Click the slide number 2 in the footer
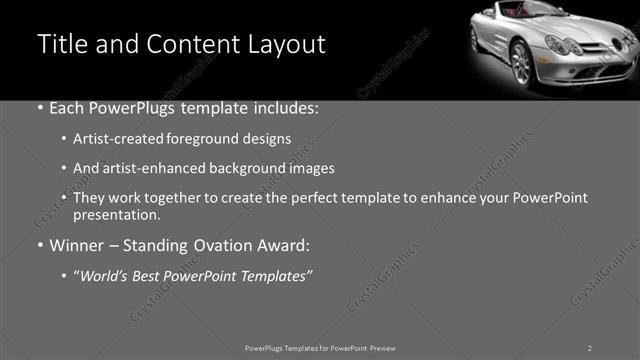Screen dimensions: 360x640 coord(590,347)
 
